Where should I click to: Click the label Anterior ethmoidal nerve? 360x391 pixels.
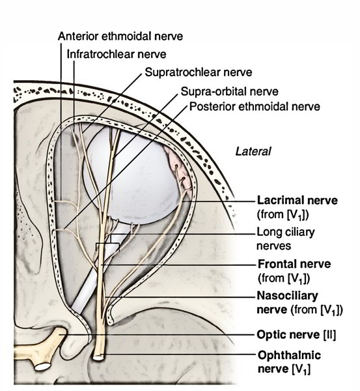pyautogui.click(x=120, y=36)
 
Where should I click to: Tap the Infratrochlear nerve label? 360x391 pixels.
pyautogui.click(x=117, y=54)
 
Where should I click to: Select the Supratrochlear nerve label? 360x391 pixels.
pyautogui.click(x=199, y=72)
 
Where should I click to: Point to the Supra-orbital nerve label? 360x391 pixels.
pyautogui.click(x=229, y=91)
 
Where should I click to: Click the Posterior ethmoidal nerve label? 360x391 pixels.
pyautogui.click(x=255, y=107)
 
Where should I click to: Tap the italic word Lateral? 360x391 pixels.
pyautogui.click(x=253, y=152)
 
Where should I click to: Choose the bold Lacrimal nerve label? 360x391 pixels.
pyautogui.click(x=298, y=200)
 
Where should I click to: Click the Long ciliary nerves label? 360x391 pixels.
pyautogui.click(x=286, y=239)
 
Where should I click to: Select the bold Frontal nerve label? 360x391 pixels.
pyautogui.click(x=294, y=264)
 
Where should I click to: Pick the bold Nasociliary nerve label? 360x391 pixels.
pyautogui.click(x=288, y=296)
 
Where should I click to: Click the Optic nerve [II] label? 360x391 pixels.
pyautogui.click(x=296, y=335)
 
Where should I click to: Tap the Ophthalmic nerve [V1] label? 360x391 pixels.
pyautogui.click(x=289, y=362)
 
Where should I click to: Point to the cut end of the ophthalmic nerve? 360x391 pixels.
pyautogui.click(x=98, y=357)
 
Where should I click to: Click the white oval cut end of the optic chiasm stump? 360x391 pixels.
pyautogui.click(x=42, y=366)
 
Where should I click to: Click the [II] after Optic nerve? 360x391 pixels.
pyautogui.click(x=329, y=335)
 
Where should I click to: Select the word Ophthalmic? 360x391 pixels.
pyautogui.click(x=289, y=355)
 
